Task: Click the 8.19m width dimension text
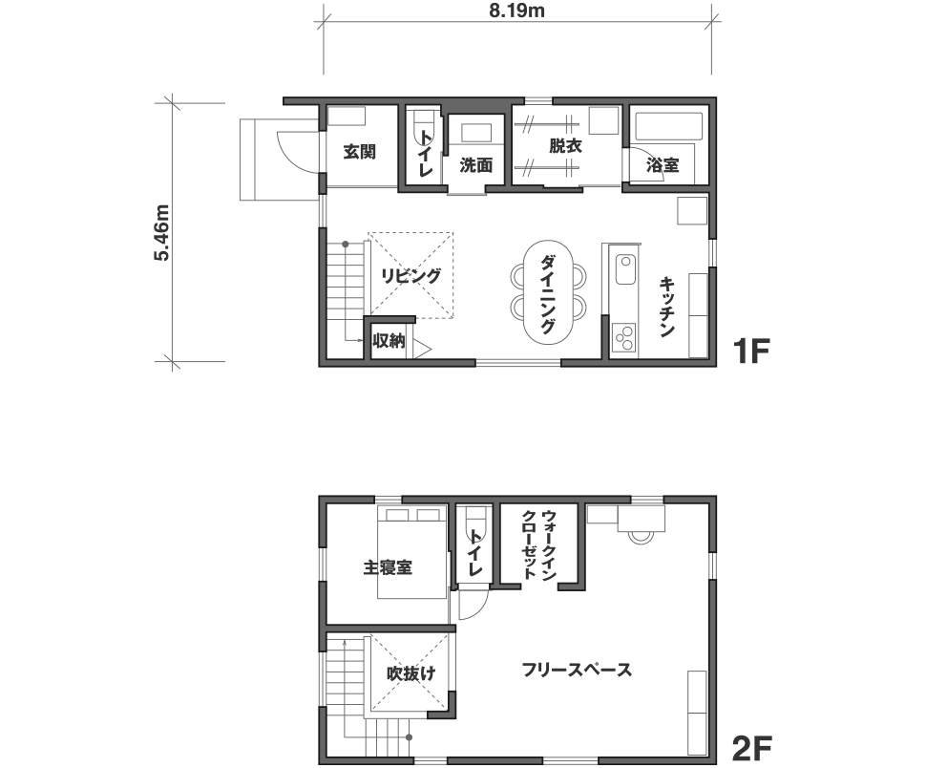point(516,11)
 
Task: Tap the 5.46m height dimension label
point(162,233)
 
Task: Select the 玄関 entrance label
point(360,152)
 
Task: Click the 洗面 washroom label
point(476,165)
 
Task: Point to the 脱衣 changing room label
point(566,145)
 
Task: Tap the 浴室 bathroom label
point(663,165)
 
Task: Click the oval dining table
point(548,291)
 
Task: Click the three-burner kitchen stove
point(624,337)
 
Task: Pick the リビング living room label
point(411,276)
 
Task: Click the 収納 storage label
point(389,341)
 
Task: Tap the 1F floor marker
point(751,352)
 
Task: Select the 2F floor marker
point(751,749)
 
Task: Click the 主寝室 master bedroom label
point(388,567)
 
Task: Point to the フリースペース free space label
point(577,670)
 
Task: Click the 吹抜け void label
point(411,673)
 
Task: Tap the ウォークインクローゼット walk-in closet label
point(538,544)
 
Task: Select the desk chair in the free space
point(641,537)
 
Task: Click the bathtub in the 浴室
point(668,126)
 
